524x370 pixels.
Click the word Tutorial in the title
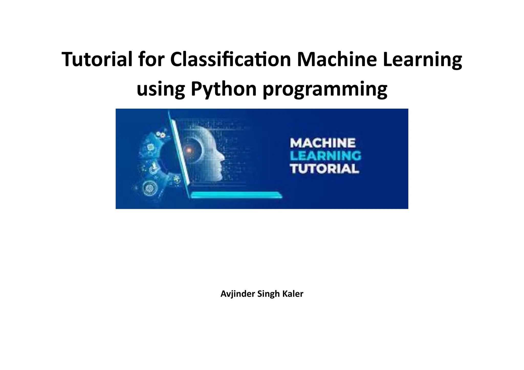coord(97,59)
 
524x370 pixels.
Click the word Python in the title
coord(223,89)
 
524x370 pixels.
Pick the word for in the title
coord(151,59)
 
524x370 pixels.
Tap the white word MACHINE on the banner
coord(323,143)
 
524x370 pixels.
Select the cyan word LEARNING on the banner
coord(325,156)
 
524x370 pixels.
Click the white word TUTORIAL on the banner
coord(324,169)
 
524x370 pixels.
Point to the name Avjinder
coord(238,294)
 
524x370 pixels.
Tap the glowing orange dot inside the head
coord(189,151)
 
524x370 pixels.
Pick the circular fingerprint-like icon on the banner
coord(148,188)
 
